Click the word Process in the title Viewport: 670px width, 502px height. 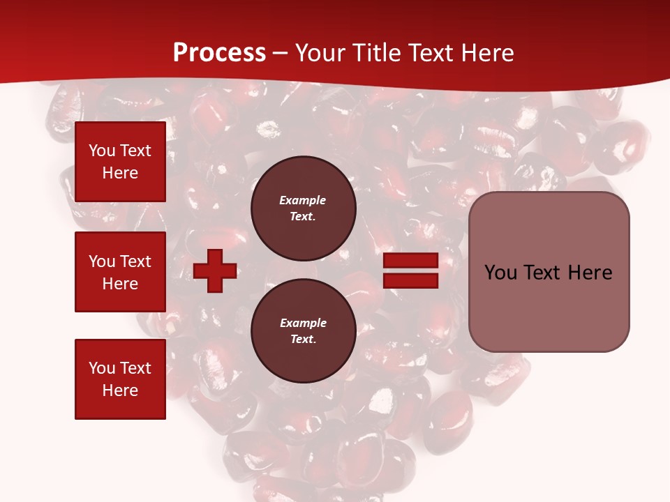click(x=219, y=53)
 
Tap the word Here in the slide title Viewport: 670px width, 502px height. click(x=486, y=53)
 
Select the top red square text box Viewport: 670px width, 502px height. click(x=120, y=162)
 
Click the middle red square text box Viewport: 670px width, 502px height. click(x=120, y=272)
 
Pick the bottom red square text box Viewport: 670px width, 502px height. click(x=120, y=379)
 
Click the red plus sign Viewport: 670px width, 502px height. click(x=215, y=271)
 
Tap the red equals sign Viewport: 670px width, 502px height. click(x=410, y=271)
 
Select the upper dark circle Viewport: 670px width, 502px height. click(x=303, y=208)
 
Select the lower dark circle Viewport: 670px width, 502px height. click(x=303, y=330)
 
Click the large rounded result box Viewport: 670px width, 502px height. click(x=549, y=272)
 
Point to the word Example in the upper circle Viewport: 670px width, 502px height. click(x=303, y=200)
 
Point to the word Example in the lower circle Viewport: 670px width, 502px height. click(x=303, y=323)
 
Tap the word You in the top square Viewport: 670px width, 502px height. click(x=102, y=151)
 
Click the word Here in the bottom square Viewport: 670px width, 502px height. click(x=120, y=390)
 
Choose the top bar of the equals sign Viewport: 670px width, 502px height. click(x=410, y=261)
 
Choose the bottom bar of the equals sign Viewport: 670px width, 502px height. click(x=410, y=281)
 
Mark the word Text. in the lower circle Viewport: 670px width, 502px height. click(x=303, y=340)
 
